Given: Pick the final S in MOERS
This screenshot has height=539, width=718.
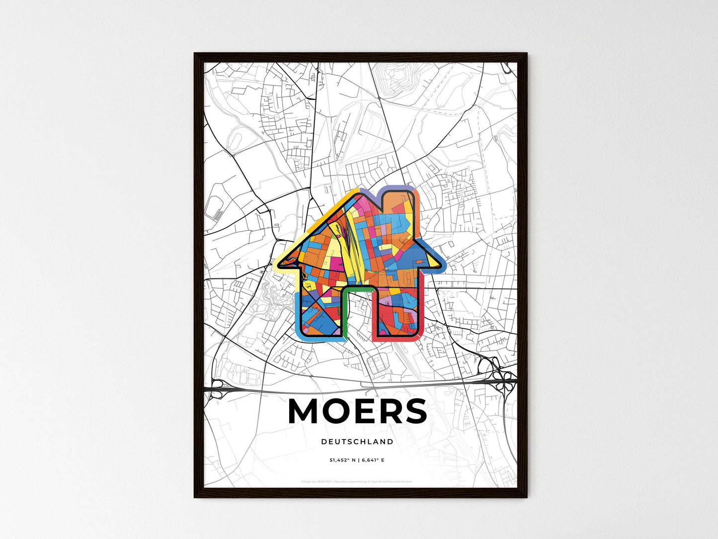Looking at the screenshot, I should (415, 412).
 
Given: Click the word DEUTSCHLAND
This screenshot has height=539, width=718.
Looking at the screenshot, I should (357, 442).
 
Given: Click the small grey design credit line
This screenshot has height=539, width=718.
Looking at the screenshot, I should (357, 481).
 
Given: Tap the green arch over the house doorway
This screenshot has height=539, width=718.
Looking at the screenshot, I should (357, 290).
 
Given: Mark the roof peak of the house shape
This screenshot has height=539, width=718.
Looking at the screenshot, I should (357, 194).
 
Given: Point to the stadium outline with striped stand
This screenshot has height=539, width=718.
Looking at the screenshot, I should (215, 209).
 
